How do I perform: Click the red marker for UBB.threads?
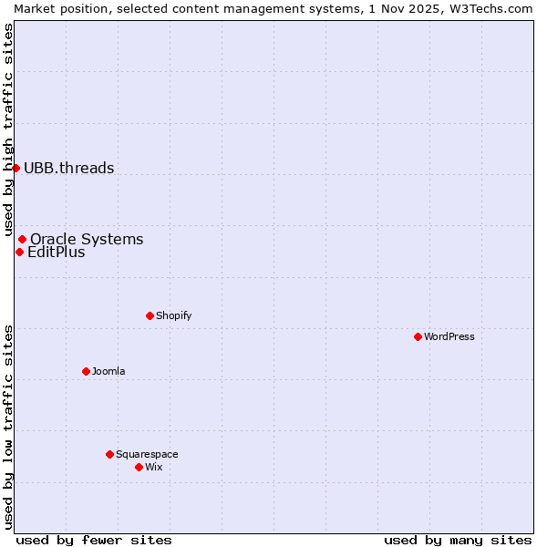15,168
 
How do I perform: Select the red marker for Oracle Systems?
22,239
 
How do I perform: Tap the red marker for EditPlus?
19,252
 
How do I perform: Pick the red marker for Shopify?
150,315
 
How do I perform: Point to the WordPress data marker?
418,336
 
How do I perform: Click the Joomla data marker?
86,371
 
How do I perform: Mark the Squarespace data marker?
109,454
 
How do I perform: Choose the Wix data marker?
139,467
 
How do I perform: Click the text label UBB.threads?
69,168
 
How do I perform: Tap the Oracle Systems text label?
87,240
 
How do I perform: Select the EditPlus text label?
57,253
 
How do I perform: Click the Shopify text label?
174,315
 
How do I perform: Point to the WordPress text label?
449,336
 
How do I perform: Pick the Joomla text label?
108,371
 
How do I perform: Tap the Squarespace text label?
147,454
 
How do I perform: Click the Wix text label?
154,467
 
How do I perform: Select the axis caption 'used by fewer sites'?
94,540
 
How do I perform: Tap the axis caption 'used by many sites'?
458,540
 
